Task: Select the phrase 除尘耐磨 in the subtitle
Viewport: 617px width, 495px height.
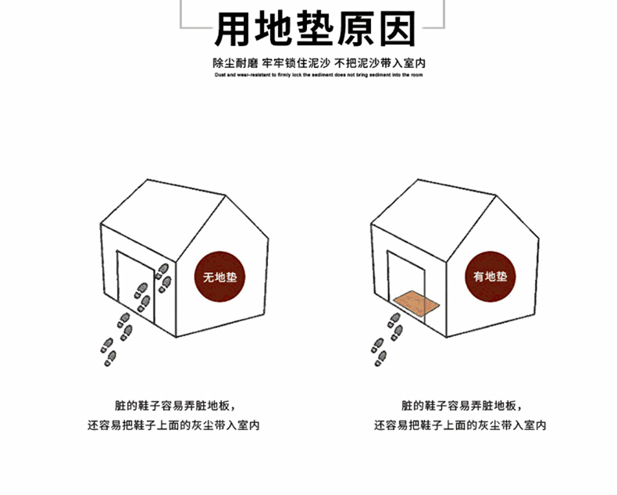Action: pos(235,63)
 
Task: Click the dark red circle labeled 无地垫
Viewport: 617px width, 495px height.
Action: pos(219,278)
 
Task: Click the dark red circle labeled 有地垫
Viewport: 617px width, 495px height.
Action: pos(490,278)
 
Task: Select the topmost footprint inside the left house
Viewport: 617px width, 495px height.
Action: pos(163,268)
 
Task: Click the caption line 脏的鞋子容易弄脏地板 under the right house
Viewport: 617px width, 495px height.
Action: pos(461,406)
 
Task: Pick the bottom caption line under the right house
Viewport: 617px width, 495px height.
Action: pos(461,426)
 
